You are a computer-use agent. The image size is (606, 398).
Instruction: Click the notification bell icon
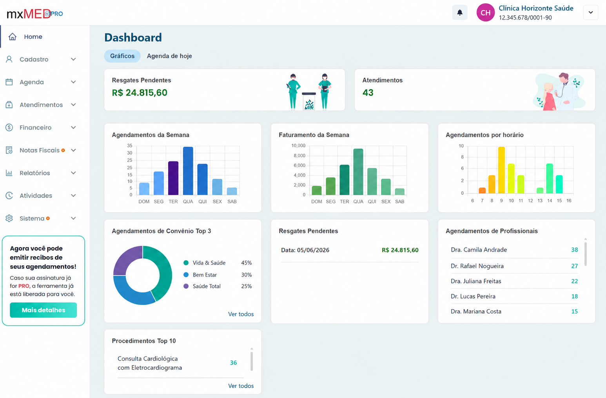(x=460, y=13)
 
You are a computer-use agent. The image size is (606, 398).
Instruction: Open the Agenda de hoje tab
(x=169, y=56)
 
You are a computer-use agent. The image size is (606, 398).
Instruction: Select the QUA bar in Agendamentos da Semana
(x=188, y=171)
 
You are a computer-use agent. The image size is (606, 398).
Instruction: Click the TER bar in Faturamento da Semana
(x=345, y=180)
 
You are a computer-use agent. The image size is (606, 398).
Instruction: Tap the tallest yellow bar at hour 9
(x=501, y=170)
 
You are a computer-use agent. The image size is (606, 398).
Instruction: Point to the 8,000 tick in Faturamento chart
(x=299, y=155)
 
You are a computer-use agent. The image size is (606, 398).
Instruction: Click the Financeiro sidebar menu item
(x=35, y=128)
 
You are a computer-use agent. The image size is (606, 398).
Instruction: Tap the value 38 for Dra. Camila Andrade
(x=574, y=250)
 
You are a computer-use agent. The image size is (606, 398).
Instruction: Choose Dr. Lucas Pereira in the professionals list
(x=473, y=296)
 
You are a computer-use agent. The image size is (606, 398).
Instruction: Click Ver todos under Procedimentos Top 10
(x=241, y=386)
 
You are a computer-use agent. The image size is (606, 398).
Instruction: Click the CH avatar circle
(x=485, y=13)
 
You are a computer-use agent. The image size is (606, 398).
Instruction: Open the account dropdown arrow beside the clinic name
(x=591, y=13)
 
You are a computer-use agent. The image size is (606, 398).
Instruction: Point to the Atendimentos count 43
(x=368, y=93)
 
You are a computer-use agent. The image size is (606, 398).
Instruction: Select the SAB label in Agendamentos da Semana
(x=232, y=202)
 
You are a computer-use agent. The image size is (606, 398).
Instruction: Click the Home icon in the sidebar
(x=13, y=36)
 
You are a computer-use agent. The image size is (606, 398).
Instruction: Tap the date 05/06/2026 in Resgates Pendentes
(x=313, y=250)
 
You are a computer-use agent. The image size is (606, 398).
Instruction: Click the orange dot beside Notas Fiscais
(x=63, y=150)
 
